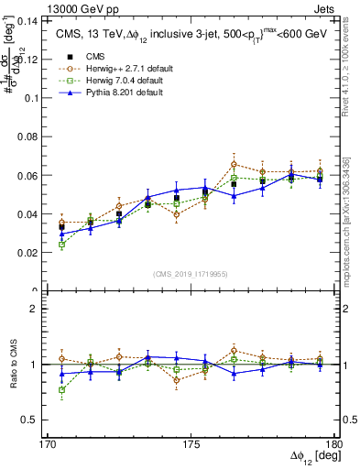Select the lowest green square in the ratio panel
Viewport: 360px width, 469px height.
pos(61,390)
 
